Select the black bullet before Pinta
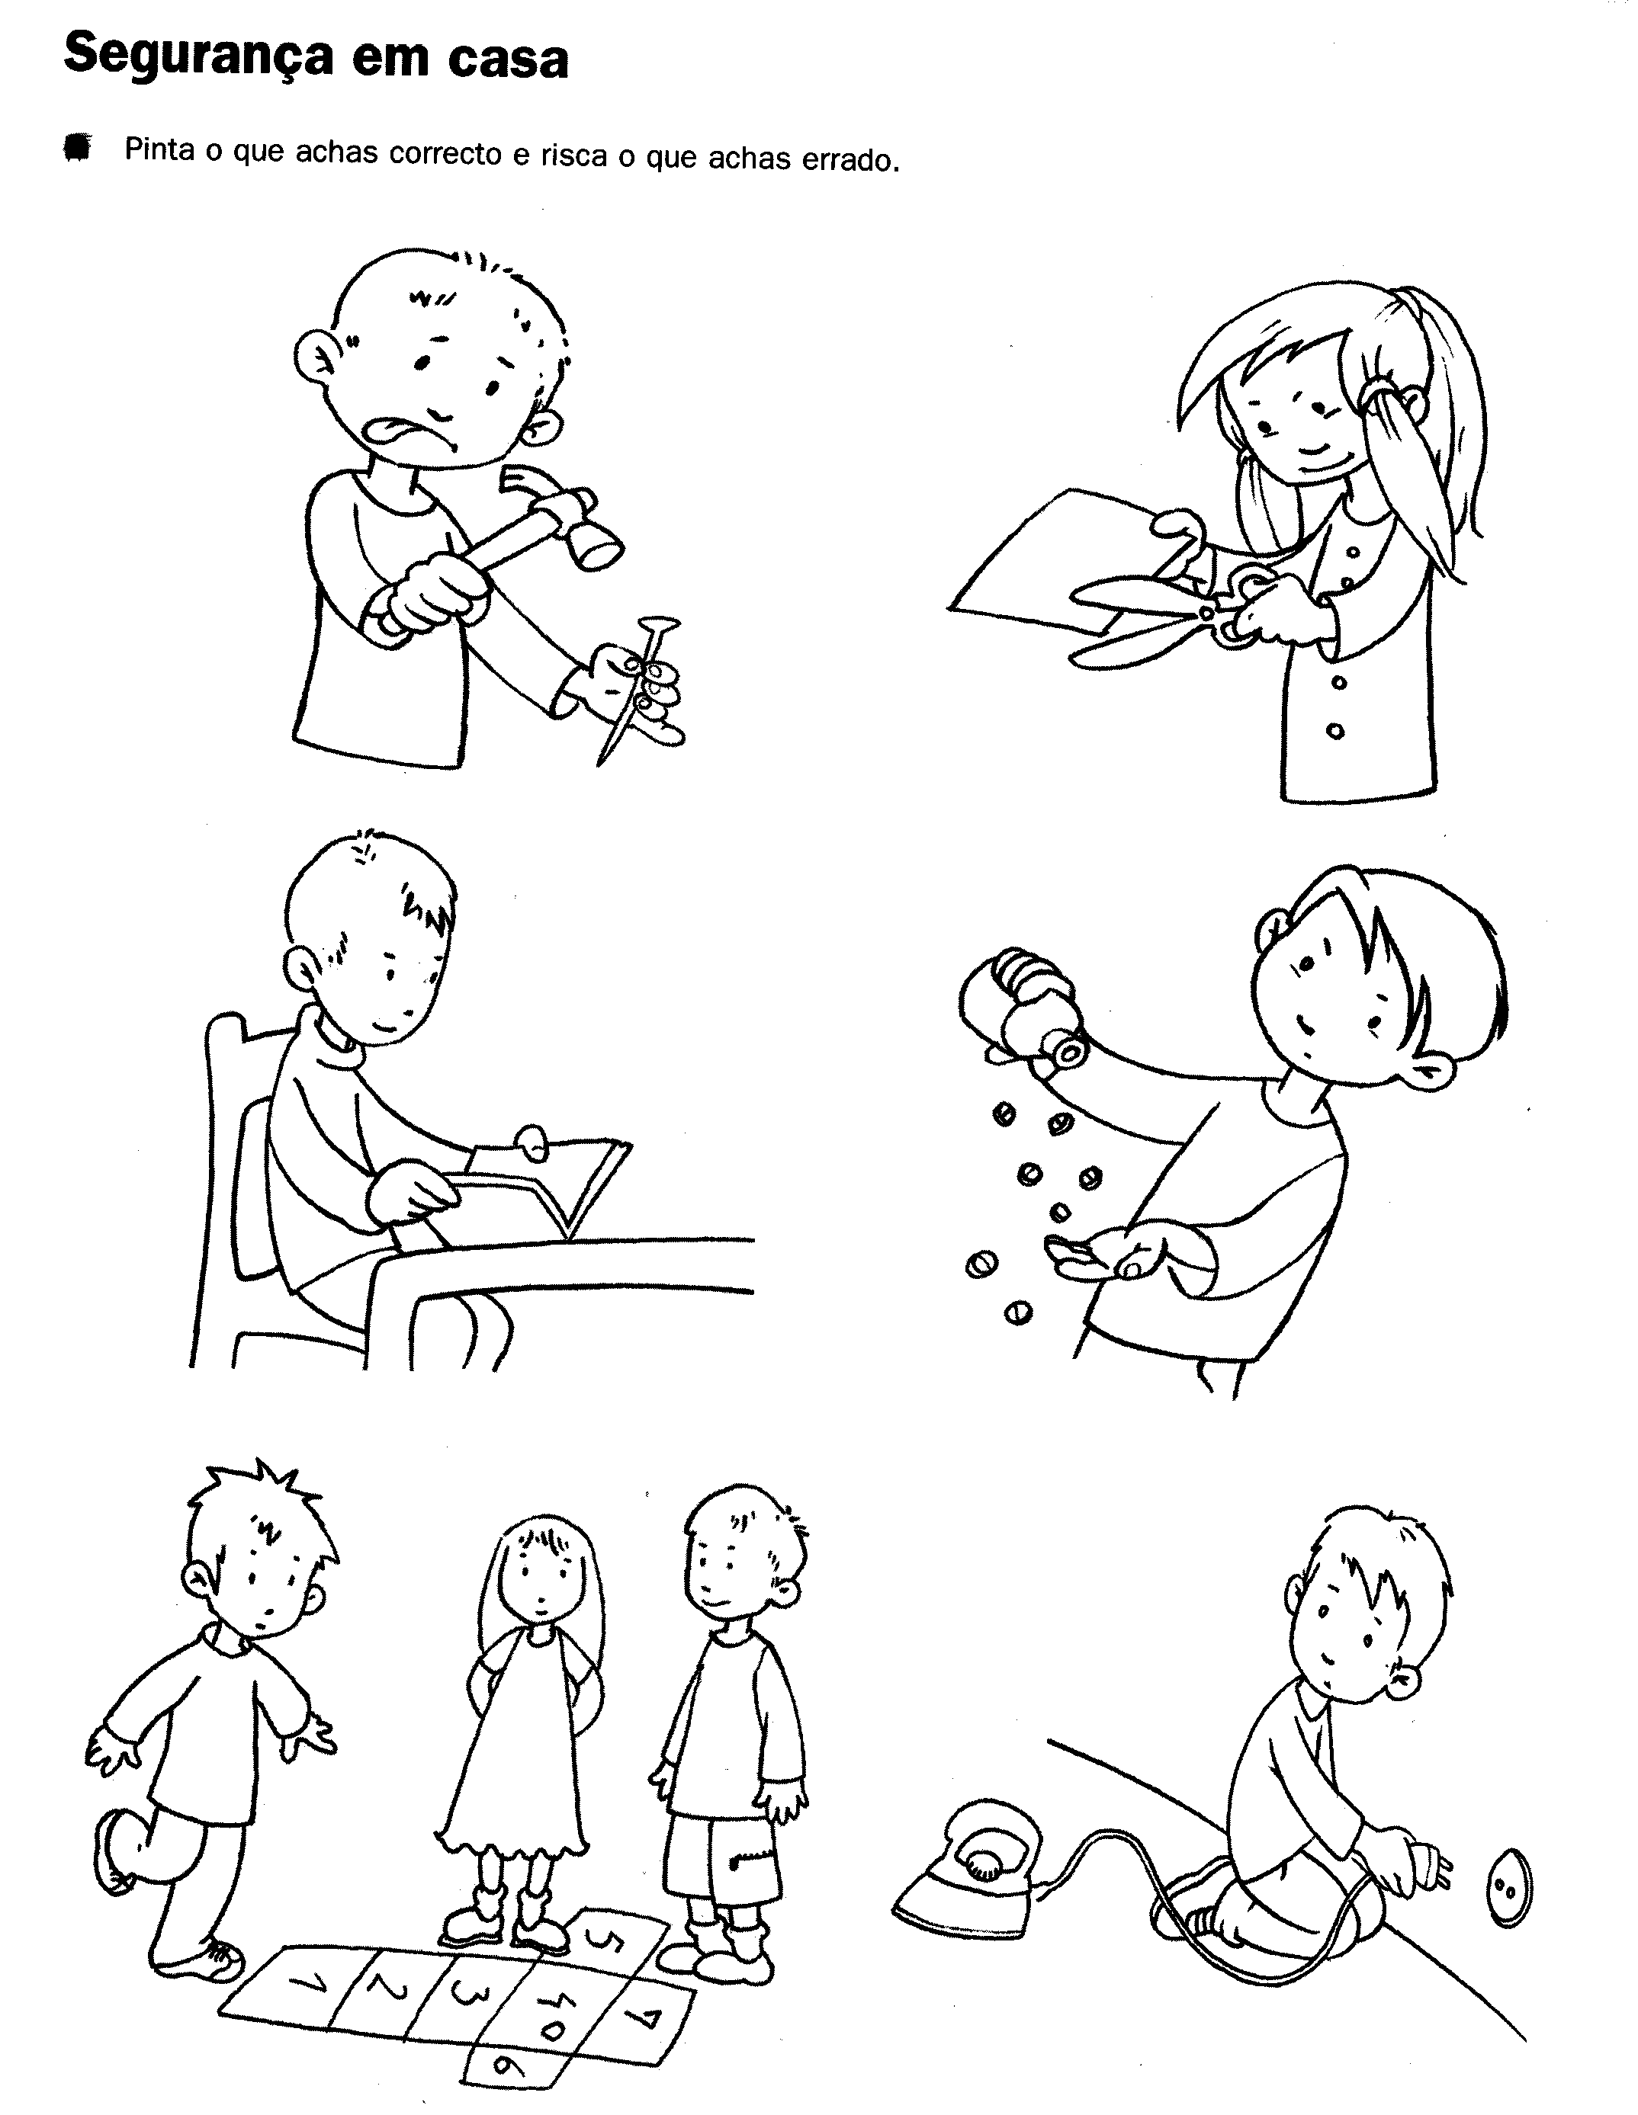point(75,148)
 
